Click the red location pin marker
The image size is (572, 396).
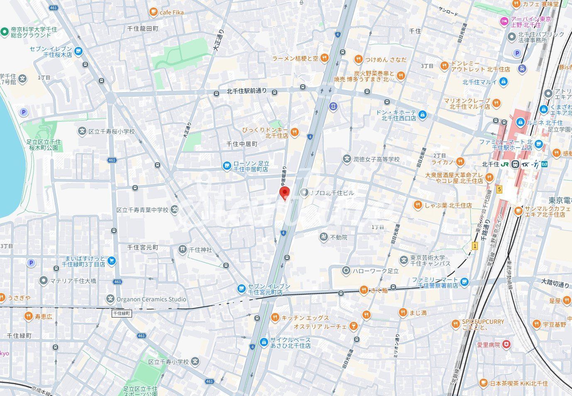tap(284, 193)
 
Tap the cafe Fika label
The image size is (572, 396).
tap(172, 12)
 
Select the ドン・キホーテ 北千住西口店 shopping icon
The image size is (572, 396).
tap(422, 114)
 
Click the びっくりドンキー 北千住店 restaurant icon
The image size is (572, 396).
tap(294, 132)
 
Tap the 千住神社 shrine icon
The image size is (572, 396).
tap(182, 249)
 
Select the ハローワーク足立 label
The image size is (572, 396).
tap(375, 271)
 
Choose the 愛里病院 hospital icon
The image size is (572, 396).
tap(506, 345)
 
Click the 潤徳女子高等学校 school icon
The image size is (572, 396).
tap(347, 159)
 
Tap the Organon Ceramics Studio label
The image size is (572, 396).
tap(151, 299)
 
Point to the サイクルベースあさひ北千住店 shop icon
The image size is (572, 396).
tap(263, 342)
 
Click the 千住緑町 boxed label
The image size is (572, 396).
tap(122, 314)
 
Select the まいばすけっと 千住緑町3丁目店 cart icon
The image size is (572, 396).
tap(111, 261)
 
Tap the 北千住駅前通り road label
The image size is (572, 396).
tap(247, 91)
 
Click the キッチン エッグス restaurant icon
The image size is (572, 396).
tap(275, 318)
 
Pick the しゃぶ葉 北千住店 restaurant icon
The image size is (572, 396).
tap(418, 205)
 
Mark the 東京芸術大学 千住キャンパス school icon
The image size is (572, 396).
tap(403, 260)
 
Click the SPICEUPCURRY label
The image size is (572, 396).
tap(483, 322)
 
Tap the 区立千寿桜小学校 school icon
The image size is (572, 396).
tap(82, 132)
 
